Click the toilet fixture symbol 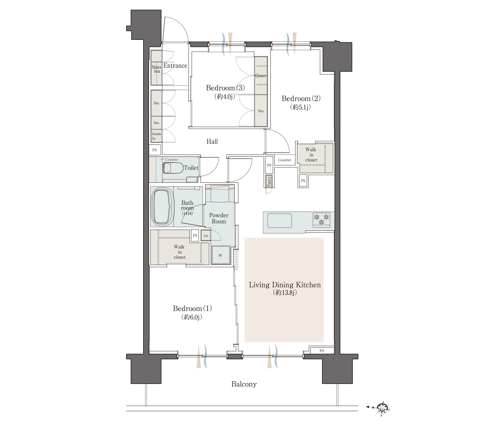[x=173, y=168]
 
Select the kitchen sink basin [x=280, y=221]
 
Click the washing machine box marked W [x=221, y=255]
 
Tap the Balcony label [x=244, y=384]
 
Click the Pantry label [x=269, y=181]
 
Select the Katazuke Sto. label [x=157, y=136]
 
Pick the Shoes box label [x=157, y=69]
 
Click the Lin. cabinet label [x=206, y=235]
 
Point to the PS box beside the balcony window [x=322, y=351]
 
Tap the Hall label [x=212, y=141]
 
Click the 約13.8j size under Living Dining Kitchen [x=285, y=293]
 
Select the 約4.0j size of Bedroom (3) [x=224, y=96]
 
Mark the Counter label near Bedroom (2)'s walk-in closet [x=284, y=160]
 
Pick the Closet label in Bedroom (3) [x=260, y=76]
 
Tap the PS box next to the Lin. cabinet [x=195, y=235]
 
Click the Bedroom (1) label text [x=193, y=309]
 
